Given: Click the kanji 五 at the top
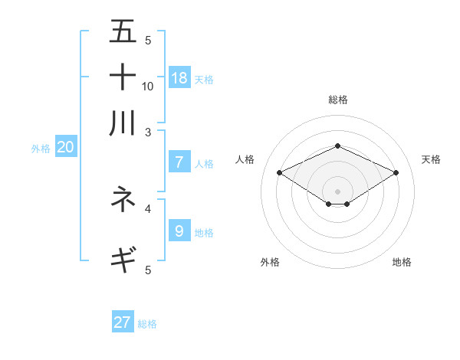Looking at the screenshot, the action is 123,31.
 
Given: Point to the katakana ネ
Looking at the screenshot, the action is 123,199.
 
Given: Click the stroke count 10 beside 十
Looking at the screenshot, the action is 148,86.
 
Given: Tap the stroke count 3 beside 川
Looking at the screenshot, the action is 148,131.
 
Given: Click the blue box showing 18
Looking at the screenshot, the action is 179,77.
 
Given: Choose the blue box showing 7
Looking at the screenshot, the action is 179,162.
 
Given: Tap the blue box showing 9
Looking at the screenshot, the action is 179,231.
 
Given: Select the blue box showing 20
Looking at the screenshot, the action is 65,148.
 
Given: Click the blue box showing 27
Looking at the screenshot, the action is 123,322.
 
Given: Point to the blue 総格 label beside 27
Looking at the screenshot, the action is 147,324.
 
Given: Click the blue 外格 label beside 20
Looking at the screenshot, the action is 41,149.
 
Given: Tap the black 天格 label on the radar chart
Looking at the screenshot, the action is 431,159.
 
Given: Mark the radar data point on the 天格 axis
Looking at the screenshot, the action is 396,173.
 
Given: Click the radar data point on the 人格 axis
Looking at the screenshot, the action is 279,173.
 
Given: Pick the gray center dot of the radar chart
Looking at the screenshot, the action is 337,191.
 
